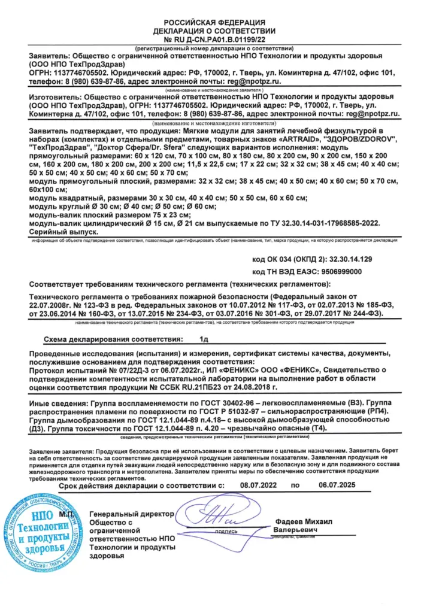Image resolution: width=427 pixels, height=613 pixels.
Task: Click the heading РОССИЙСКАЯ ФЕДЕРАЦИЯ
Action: coord(214,22)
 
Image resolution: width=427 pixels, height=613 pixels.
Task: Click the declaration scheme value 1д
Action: coord(204,339)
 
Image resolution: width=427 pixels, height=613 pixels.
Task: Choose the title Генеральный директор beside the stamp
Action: coord(131,514)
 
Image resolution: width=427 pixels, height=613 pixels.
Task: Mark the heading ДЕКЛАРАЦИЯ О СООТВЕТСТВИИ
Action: coord(214,30)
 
